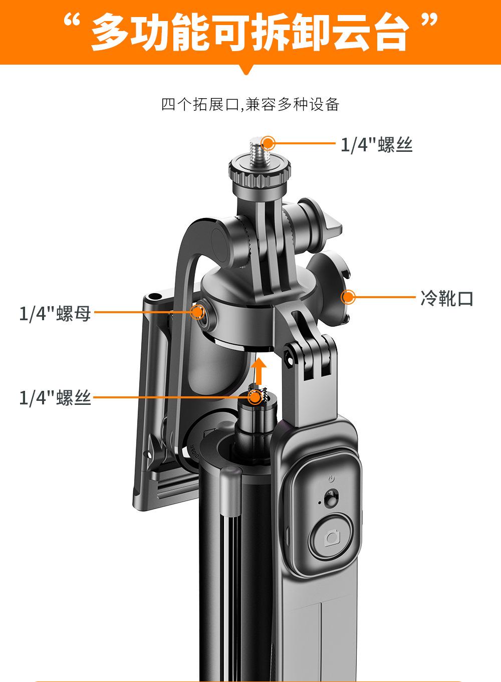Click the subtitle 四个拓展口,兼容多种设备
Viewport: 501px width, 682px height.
[x=250, y=105]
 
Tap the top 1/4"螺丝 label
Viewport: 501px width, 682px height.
[x=376, y=145]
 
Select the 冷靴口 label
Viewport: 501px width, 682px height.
[x=447, y=299]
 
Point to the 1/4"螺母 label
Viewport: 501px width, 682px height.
[x=55, y=314]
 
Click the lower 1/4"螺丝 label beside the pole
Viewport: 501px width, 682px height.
[x=55, y=398]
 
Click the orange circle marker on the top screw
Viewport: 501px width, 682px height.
[x=269, y=143]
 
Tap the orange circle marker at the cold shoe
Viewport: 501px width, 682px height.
[x=348, y=297]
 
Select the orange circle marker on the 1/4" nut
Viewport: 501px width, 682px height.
[x=198, y=312]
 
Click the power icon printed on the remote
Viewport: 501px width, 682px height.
[x=331, y=479]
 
